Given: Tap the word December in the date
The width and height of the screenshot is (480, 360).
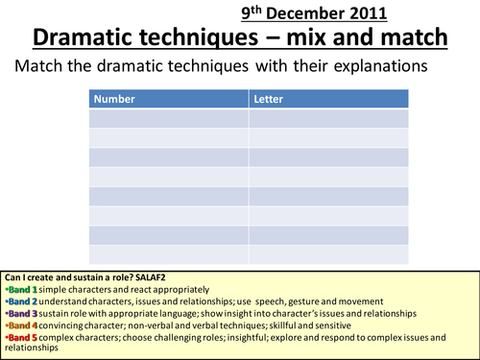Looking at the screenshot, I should (316, 13).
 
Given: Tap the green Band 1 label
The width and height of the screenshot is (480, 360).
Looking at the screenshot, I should (23, 289).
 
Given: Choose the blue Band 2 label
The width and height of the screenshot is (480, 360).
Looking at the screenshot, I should (23, 300).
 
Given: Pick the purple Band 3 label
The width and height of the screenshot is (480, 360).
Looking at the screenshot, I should (23, 313).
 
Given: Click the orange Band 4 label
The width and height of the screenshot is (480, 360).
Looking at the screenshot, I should (23, 325).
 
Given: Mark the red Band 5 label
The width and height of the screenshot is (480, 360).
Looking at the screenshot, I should (23, 338).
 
